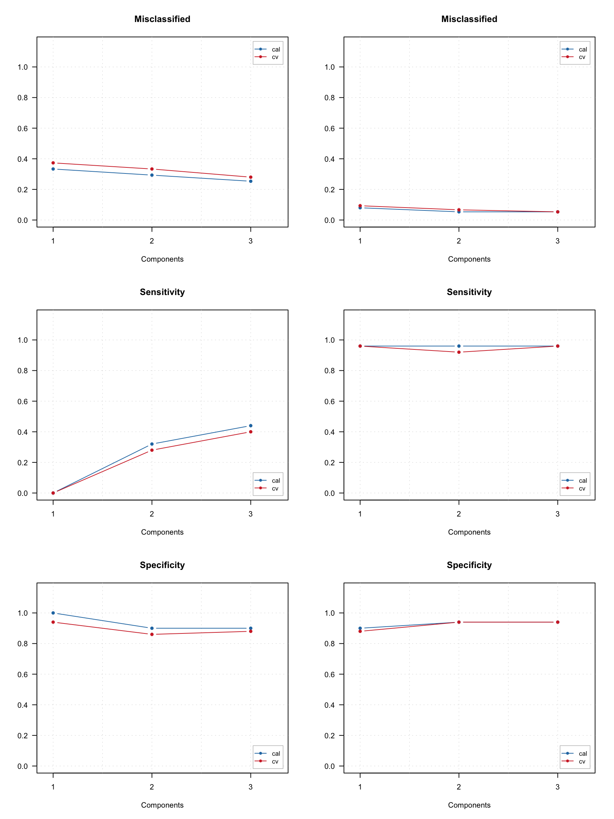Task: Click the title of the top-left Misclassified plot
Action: coord(162,19)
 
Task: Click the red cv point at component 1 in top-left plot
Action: coord(53,163)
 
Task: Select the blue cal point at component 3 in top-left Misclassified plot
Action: coord(251,181)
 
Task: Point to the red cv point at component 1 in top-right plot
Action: coord(360,206)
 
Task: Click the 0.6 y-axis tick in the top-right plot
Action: coord(329,128)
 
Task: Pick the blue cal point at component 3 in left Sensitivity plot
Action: coord(251,426)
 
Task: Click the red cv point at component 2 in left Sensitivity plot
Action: coord(152,450)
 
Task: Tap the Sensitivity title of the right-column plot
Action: coord(469,292)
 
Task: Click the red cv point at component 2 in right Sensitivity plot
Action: coord(459,352)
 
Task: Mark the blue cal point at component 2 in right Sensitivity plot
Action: coord(459,346)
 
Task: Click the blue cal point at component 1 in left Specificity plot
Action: coord(53,613)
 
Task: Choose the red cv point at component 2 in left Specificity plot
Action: coord(152,635)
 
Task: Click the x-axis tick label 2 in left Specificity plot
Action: coord(152,787)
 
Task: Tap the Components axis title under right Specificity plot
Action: coord(469,805)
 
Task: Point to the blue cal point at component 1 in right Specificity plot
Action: coord(360,628)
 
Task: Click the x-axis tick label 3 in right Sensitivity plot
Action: coord(558,514)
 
